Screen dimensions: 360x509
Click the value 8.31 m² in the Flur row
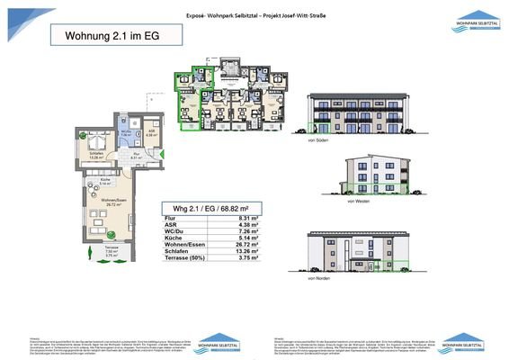(242, 218)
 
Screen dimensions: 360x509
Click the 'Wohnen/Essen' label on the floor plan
(112, 202)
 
